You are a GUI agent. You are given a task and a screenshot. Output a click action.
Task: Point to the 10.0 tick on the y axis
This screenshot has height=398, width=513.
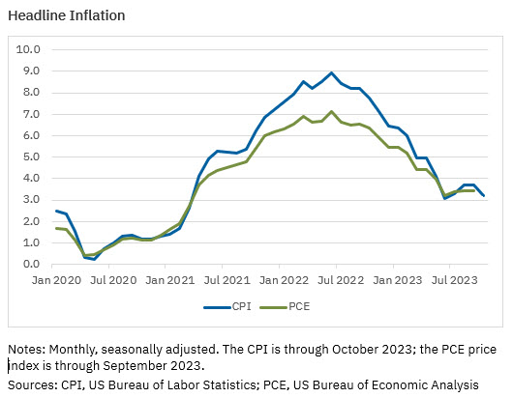pyautogui.click(x=29, y=49)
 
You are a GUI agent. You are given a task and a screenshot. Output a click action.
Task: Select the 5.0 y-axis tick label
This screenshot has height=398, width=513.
pyautogui.click(x=31, y=156)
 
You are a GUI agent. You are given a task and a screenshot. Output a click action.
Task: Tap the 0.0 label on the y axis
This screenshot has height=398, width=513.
pyautogui.click(x=31, y=264)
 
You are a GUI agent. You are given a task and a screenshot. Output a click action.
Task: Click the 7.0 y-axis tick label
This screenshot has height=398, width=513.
pyautogui.click(x=31, y=114)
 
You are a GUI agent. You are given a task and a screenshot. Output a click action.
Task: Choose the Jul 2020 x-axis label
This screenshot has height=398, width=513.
pyautogui.click(x=113, y=279)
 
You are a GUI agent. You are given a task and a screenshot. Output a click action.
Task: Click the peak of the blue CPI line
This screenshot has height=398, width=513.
pyautogui.click(x=332, y=72)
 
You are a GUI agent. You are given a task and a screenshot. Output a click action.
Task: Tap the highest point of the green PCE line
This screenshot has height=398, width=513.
pyautogui.click(x=332, y=111)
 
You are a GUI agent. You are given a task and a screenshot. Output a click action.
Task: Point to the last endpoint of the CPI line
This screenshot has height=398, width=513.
pyautogui.click(x=483, y=196)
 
